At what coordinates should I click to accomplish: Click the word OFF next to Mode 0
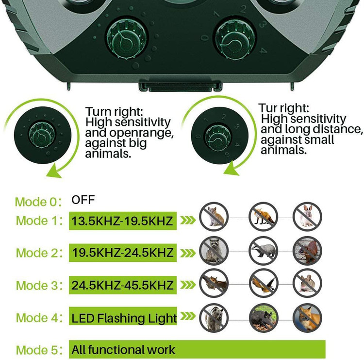click(83, 200)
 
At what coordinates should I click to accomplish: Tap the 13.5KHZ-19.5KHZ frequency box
click(123, 221)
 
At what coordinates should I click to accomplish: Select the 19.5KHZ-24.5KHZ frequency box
click(123, 253)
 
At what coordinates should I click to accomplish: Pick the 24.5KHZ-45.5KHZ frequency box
click(123, 285)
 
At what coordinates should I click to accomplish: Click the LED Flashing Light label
click(124, 318)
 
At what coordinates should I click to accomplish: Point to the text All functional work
click(123, 349)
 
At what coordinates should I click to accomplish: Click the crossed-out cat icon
click(214, 217)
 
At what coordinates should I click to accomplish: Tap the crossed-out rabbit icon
click(307, 217)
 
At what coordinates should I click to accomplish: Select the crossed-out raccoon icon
click(214, 251)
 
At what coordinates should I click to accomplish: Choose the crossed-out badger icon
click(264, 251)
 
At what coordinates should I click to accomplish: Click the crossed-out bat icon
click(214, 283)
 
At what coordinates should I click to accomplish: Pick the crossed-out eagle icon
click(264, 283)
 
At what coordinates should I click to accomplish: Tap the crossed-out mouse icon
click(307, 283)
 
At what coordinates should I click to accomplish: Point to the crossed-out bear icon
click(214, 318)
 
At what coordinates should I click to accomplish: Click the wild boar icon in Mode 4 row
click(264, 318)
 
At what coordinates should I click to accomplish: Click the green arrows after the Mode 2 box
click(188, 253)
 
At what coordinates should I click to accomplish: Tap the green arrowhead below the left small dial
click(54, 171)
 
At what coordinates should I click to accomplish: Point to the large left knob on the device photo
click(127, 38)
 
